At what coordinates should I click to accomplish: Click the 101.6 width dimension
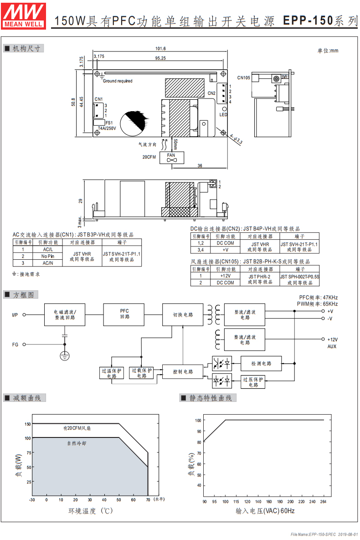pyautogui.click(x=160, y=49)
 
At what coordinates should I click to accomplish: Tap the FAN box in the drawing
pyautogui.click(x=171, y=157)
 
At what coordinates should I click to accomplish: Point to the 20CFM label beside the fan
pyautogui.click(x=149, y=157)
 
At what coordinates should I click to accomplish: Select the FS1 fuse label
pyautogui.click(x=109, y=123)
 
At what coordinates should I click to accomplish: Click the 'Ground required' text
pyautogui.click(x=118, y=81)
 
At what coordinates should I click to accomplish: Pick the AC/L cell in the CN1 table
pyautogui.click(x=48, y=250)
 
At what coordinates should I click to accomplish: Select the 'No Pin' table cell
pyautogui.click(x=48, y=256)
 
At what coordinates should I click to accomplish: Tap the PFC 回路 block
pyautogui.click(x=124, y=314)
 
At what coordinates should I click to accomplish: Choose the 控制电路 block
pyautogui.click(x=183, y=371)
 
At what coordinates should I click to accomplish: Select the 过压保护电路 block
pyautogui.click(x=253, y=381)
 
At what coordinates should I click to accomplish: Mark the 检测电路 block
pyautogui.click(x=261, y=363)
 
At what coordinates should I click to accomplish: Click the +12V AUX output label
pyautogui.click(x=332, y=343)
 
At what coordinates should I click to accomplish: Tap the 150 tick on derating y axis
pyautogui.click(x=28, y=424)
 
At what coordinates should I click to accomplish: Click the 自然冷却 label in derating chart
pyautogui.click(x=77, y=443)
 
